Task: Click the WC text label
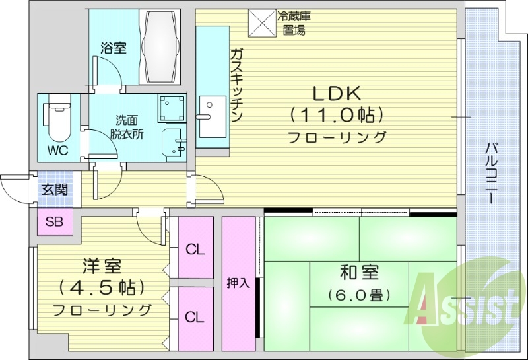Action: (x=57, y=149)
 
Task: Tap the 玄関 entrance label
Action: (x=54, y=190)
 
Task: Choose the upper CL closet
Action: (x=195, y=250)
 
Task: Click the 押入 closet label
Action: (x=238, y=283)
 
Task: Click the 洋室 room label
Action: (x=101, y=266)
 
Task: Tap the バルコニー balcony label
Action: (x=491, y=172)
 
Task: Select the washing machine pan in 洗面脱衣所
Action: (x=174, y=107)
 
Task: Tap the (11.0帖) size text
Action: (x=336, y=116)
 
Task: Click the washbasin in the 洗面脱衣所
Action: (x=175, y=141)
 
